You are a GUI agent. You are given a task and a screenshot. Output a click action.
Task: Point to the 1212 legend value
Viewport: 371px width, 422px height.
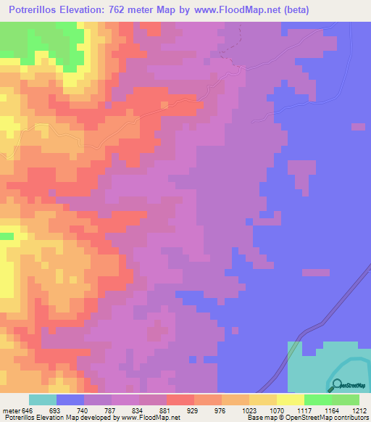[359, 410]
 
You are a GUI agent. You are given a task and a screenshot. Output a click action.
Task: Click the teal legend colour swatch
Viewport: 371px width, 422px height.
[43, 400]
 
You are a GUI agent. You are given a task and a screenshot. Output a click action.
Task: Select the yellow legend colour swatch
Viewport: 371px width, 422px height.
[291, 400]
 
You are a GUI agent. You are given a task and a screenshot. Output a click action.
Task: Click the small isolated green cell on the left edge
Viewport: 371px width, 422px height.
[7, 236]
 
